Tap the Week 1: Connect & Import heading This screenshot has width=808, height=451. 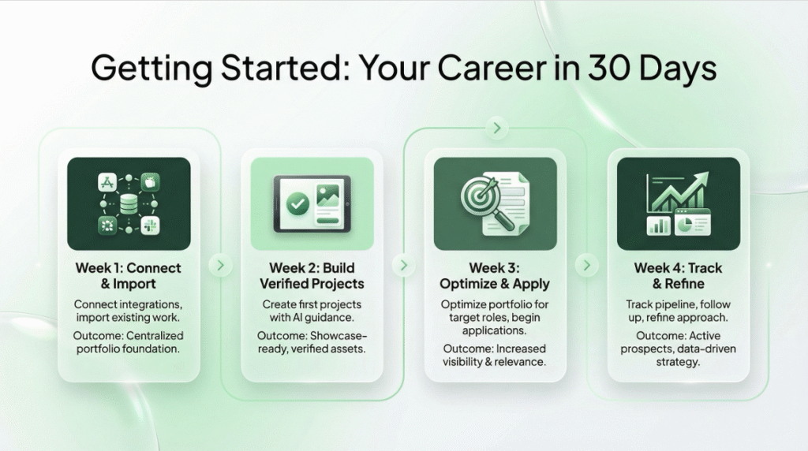[x=129, y=275]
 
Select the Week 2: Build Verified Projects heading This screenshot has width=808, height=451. [x=312, y=275]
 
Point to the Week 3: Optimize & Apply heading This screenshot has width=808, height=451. [x=495, y=275]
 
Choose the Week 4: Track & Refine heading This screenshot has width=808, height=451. [x=678, y=275]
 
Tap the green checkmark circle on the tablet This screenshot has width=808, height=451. [x=297, y=203]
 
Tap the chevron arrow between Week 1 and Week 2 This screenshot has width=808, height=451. [x=220, y=265]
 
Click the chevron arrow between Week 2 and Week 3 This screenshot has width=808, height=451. [x=403, y=265]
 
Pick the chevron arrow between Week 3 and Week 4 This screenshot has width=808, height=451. [x=586, y=265]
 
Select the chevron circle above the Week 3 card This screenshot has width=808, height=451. [x=496, y=128]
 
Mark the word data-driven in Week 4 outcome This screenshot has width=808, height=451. [x=709, y=348]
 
